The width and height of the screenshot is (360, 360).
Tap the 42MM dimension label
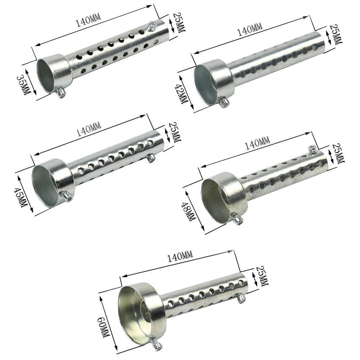point(181,94)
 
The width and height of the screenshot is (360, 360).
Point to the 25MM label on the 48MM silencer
point(339,153)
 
